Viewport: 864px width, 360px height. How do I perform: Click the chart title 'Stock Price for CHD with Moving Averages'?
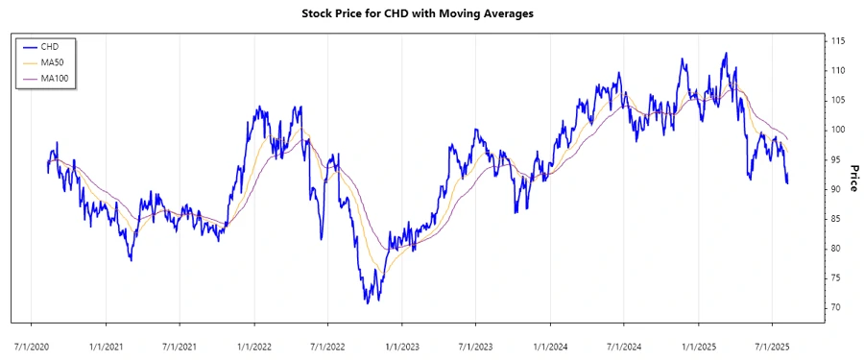tap(431, 14)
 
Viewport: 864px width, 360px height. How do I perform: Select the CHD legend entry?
tap(49, 46)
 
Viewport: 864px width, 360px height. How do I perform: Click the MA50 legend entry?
tap(51, 61)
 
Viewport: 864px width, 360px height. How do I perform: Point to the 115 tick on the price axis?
tap(838, 41)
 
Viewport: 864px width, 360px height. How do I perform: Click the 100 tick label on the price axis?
tap(838, 130)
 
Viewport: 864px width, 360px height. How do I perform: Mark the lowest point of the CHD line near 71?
tap(367, 302)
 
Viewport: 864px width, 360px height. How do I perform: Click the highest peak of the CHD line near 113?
tap(725, 53)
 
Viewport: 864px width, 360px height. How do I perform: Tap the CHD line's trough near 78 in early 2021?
tap(131, 260)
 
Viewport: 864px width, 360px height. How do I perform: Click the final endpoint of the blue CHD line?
tap(788, 182)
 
